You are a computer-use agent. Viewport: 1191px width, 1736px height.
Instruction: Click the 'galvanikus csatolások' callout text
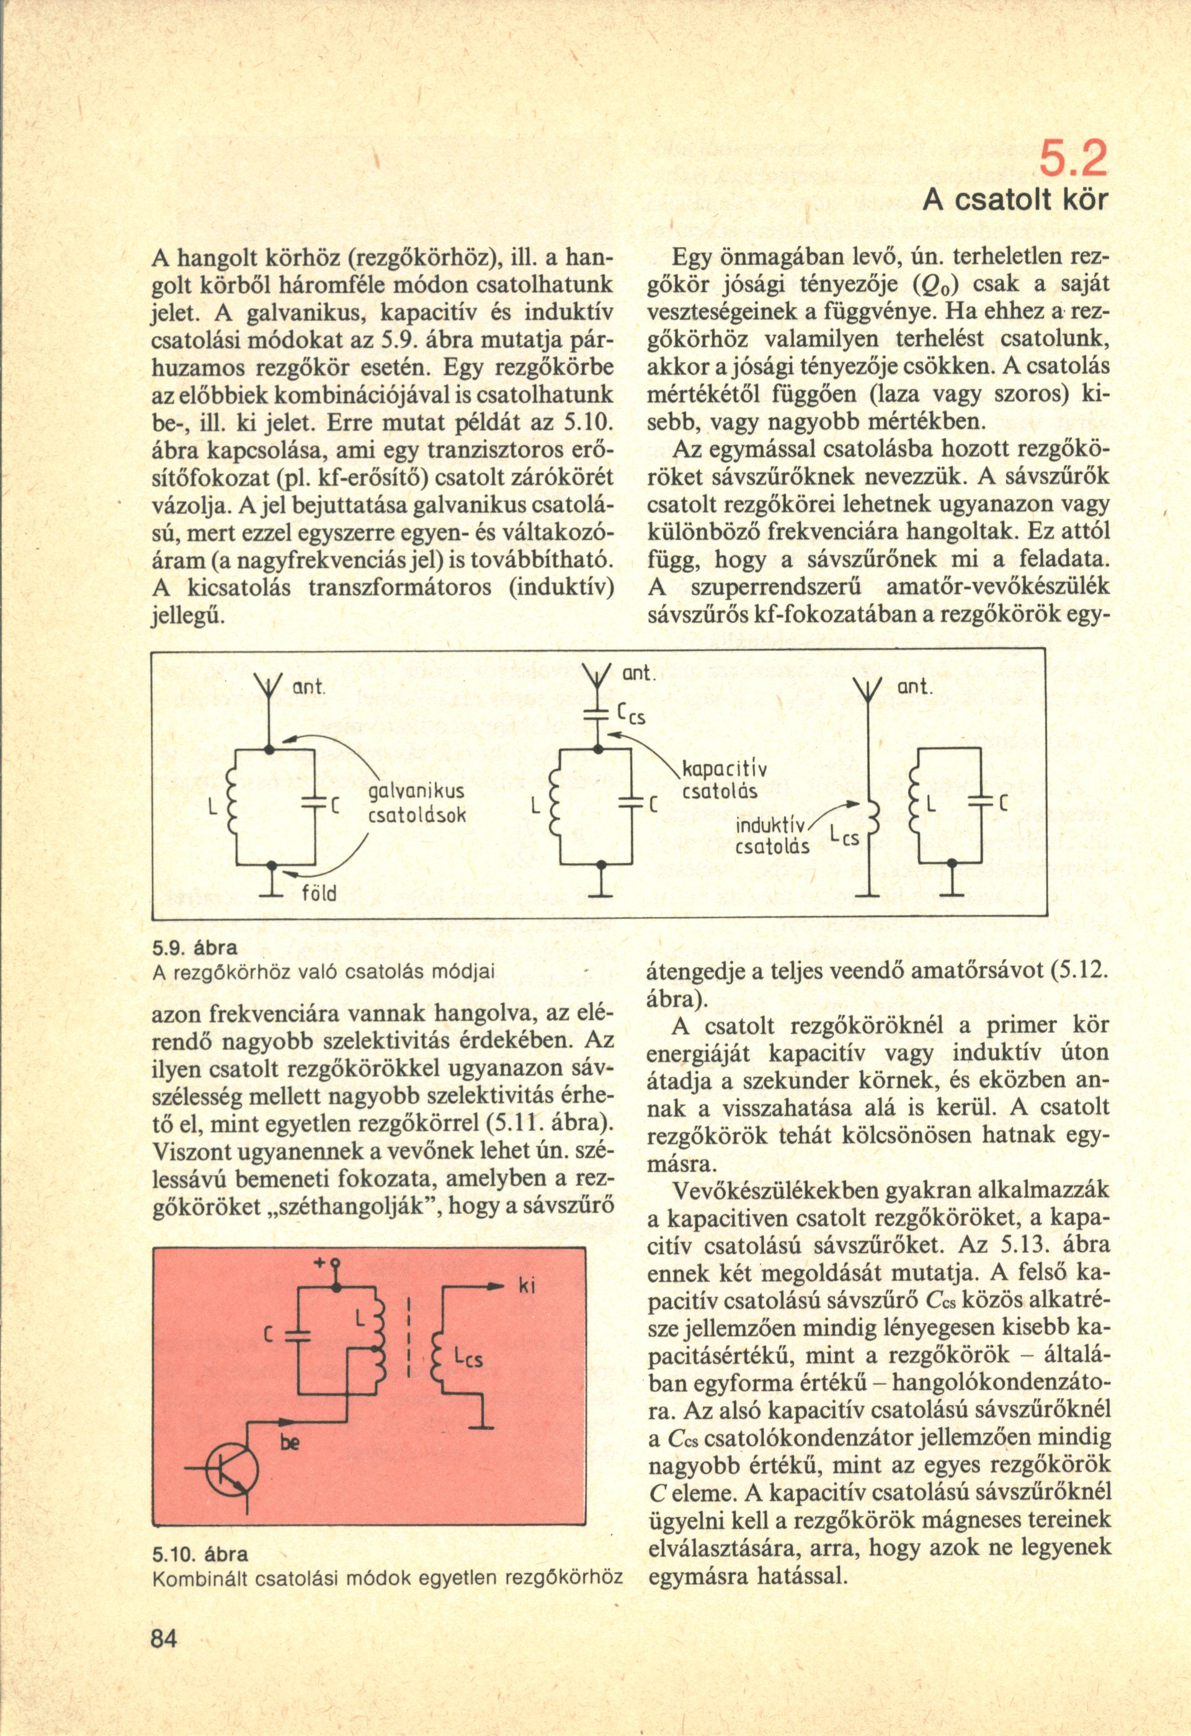(x=417, y=804)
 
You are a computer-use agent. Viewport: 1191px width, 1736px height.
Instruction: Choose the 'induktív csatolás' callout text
(x=772, y=836)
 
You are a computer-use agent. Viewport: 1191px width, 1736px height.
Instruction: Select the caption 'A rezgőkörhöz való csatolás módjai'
(x=324, y=973)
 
